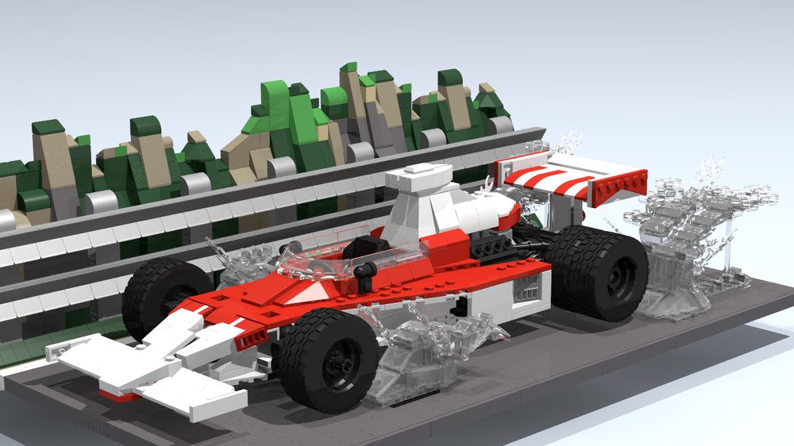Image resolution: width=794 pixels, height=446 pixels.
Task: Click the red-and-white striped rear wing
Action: tap(556, 179)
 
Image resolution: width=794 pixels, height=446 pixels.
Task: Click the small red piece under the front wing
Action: tap(115, 394)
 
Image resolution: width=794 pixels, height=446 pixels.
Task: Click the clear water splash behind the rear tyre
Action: tap(691, 238)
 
